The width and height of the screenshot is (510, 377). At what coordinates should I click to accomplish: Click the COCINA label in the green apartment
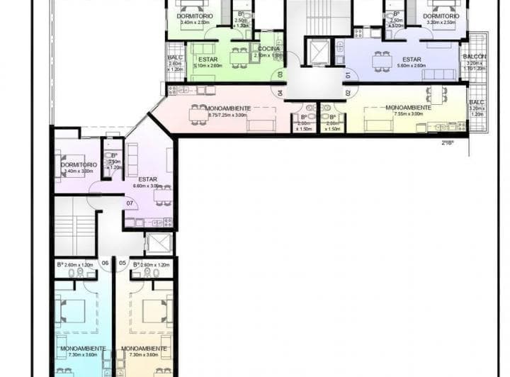tap(268, 48)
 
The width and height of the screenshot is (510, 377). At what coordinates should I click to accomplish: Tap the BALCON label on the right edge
tap(474, 56)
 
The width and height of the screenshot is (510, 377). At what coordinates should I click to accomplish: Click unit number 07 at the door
tap(130, 203)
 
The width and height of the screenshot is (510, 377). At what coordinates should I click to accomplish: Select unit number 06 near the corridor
tap(105, 263)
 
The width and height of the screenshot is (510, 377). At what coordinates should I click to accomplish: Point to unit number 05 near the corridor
tap(123, 263)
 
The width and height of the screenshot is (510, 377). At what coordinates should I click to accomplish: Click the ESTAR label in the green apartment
tap(208, 60)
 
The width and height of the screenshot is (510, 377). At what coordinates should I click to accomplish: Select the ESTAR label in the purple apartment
tap(147, 179)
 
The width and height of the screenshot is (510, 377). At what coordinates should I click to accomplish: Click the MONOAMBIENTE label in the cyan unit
tap(83, 349)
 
